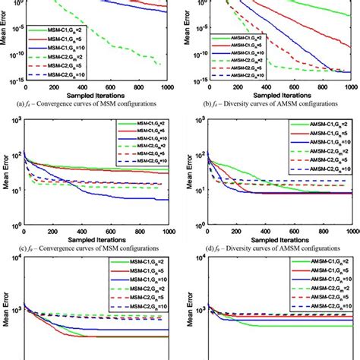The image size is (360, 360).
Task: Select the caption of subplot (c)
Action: tap(90, 248)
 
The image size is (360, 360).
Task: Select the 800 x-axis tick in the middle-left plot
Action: tap(142, 231)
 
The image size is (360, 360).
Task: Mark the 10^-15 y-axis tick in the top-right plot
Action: tap(193, 80)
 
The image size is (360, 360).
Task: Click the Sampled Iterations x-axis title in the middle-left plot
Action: tap(92, 239)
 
